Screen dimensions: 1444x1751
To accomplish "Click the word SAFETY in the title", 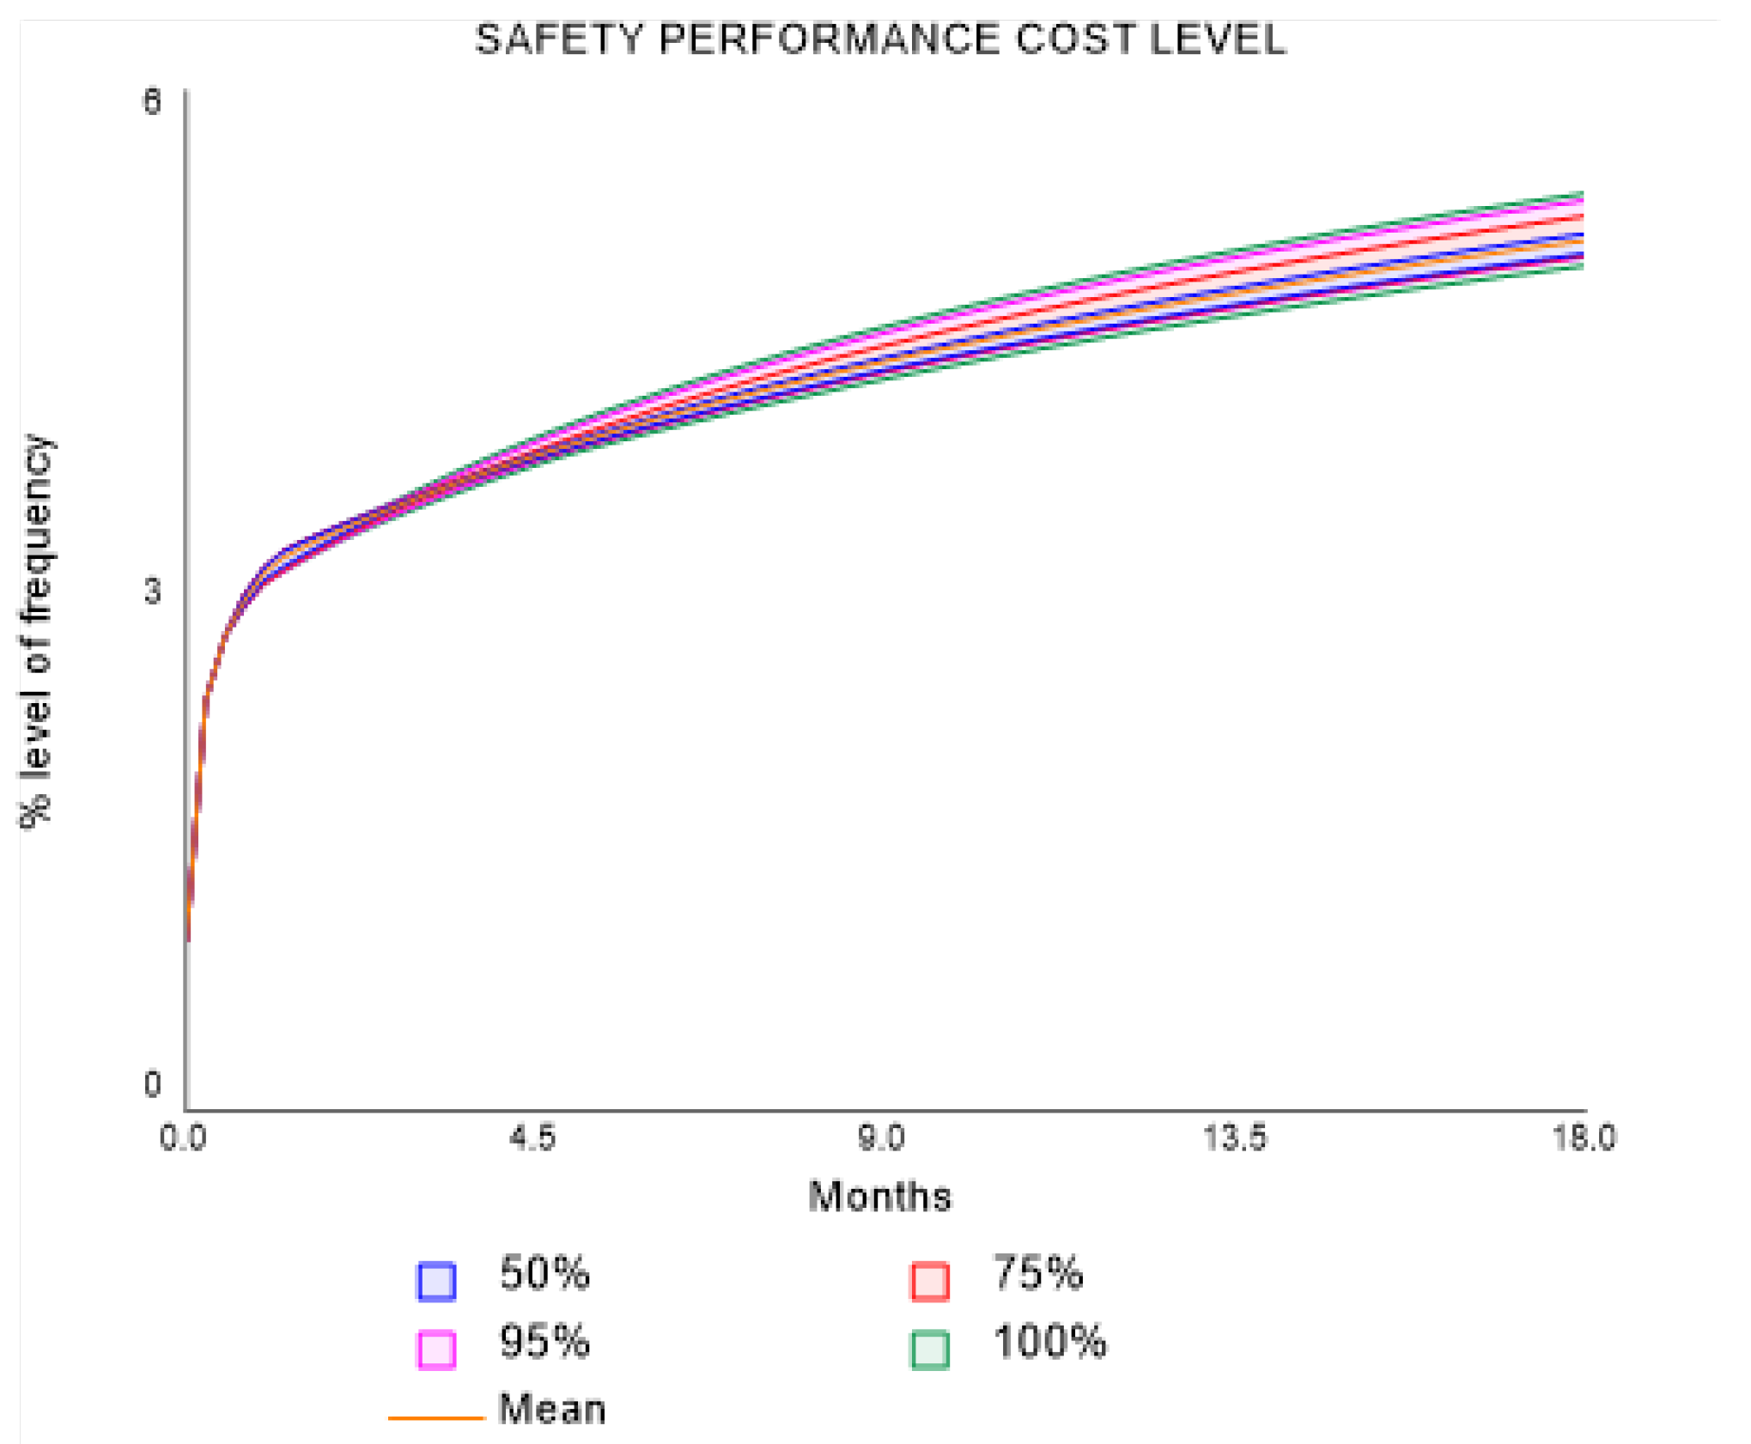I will click(559, 39).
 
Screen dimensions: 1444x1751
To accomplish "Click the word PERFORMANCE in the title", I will click(829, 39).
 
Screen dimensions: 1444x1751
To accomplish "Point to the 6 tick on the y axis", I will click(152, 101).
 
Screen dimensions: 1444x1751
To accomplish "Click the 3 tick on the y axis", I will click(152, 592).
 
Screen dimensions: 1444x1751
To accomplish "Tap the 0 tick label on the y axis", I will click(152, 1084).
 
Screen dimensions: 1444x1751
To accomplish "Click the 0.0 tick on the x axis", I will click(184, 1138).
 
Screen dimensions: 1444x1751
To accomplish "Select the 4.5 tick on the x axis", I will click(532, 1138).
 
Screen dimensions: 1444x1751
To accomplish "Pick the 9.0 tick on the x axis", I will click(882, 1138).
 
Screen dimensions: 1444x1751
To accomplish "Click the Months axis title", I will click(880, 1197).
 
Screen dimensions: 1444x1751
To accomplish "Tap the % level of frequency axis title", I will click(36, 631).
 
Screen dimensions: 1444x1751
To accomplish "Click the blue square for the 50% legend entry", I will click(436, 1281).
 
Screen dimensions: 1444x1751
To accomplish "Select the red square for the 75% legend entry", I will click(930, 1281).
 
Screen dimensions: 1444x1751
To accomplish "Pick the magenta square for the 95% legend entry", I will click(436, 1349).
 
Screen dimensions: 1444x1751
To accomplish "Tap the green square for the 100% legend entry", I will click(930, 1349).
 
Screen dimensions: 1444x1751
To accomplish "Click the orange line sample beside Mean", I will click(436, 1417).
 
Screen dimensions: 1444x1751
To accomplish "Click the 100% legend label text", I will click(1049, 1342).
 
